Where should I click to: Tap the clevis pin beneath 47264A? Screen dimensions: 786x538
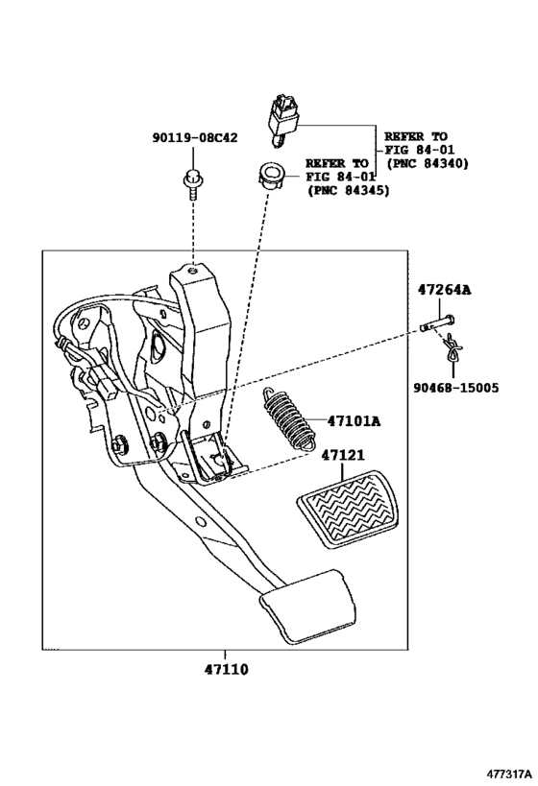point(438,323)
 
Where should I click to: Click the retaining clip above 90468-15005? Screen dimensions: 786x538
point(454,354)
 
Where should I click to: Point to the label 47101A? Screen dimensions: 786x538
point(353,420)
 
